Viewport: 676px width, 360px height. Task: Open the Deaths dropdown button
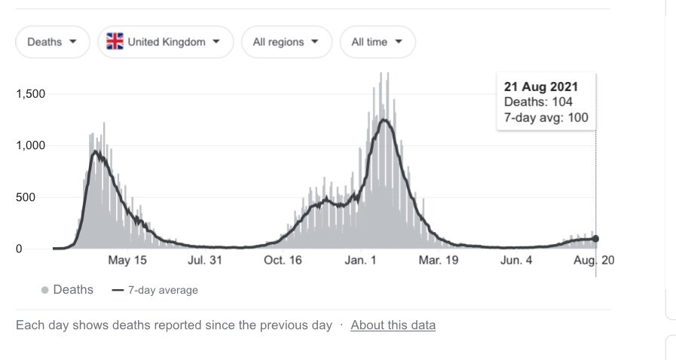[x=52, y=42]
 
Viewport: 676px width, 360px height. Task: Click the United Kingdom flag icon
[x=115, y=42]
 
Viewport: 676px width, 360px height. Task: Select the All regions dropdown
[x=286, y=42]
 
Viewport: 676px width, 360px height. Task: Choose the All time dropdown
[x=377, y=42]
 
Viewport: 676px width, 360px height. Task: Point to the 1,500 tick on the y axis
[x=31, y=94]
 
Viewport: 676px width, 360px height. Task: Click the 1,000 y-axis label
[x=31, y=146]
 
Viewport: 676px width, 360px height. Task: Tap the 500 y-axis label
[x=35, y=197]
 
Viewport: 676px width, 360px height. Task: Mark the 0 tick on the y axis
[x=41, y=249]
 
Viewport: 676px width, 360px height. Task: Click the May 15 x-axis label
[x=127, y=261]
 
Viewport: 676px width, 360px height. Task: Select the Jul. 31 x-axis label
[x=205, y=261]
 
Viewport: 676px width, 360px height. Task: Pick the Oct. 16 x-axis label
[x=283, y=261]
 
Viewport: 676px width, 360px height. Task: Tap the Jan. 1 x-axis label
[x=361, y=261]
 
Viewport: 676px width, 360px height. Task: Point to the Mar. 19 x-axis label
[x=439, y=261]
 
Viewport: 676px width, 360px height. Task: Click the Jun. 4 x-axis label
[x=516, y=261]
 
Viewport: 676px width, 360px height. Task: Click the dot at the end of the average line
[x=595, y=239]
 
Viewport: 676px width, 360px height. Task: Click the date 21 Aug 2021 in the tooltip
[x=541, y=87]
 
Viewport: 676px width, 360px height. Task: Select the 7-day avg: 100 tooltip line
[x=546, y=117]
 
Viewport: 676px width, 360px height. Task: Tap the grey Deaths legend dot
[x=45, y=290]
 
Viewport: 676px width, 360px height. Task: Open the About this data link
[x=393, y=325]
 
